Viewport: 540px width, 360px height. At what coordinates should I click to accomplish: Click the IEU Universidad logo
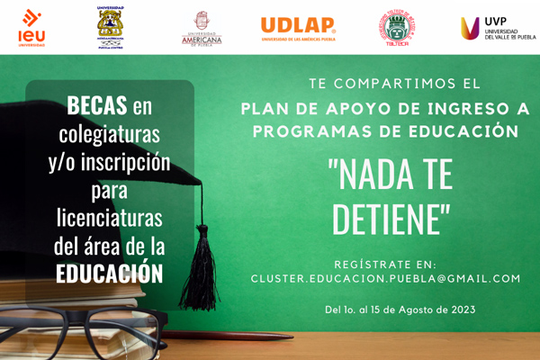31,28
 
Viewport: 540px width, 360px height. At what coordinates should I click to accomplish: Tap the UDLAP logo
298,29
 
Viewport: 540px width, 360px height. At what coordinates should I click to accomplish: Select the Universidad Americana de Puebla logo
201,28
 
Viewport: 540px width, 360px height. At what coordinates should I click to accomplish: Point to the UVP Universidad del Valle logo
498,28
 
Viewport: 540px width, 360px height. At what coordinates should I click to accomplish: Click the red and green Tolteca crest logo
394,29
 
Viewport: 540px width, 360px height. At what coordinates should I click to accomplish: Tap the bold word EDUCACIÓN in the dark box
109,273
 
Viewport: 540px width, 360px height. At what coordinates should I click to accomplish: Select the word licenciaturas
109,217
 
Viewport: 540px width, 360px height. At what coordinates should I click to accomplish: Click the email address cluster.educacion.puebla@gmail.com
385,279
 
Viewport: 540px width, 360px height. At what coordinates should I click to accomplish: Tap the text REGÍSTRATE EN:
384,264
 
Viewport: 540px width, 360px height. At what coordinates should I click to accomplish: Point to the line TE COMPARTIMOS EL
389,84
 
